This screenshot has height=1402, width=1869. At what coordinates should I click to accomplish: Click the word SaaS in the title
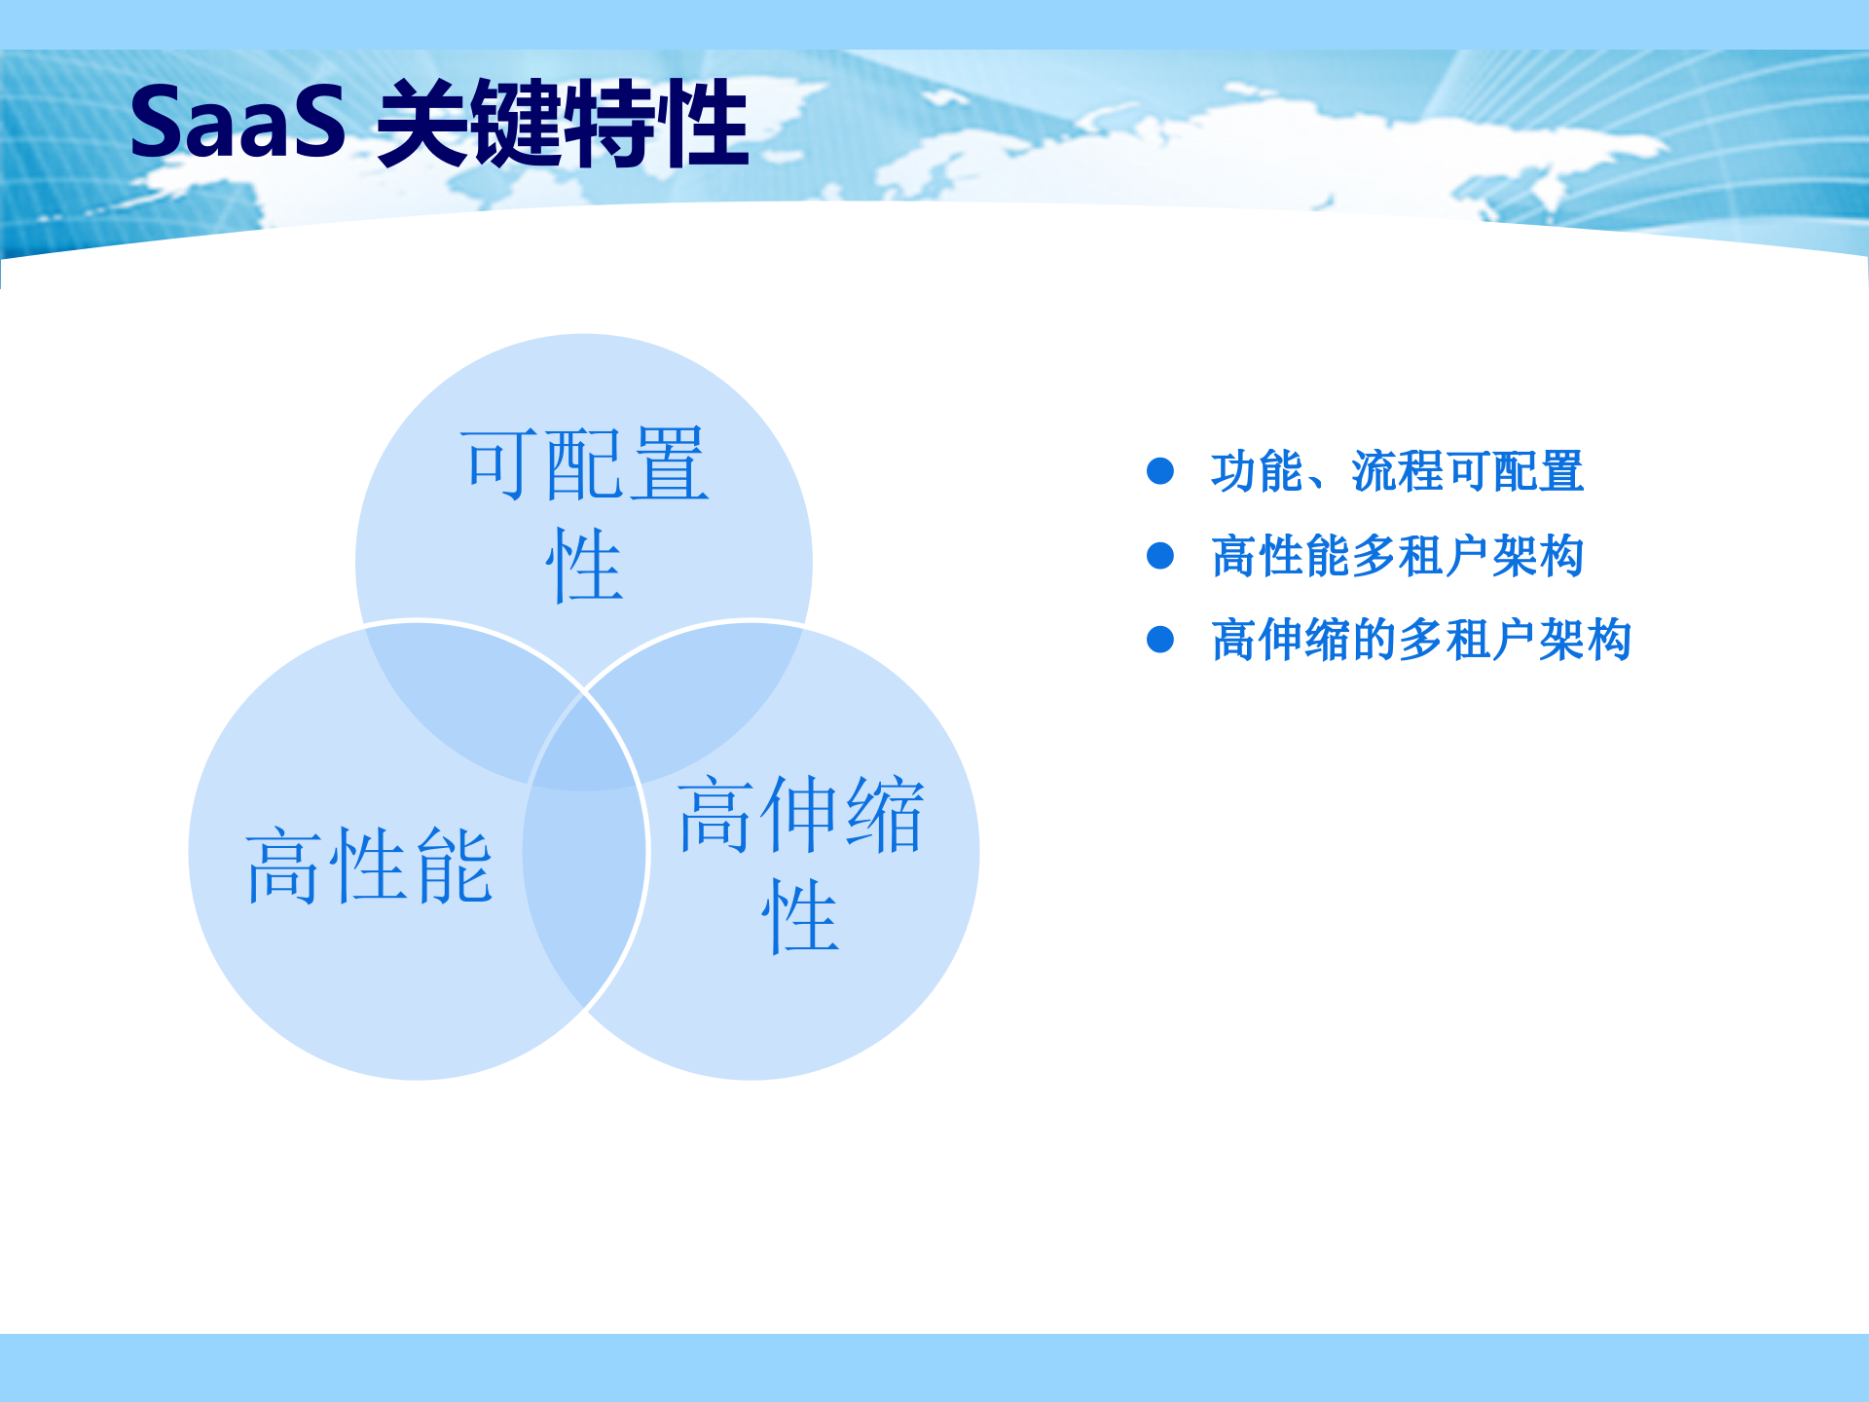238,123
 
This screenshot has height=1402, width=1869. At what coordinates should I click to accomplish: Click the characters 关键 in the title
469,125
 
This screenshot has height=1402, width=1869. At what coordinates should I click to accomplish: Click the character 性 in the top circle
583,566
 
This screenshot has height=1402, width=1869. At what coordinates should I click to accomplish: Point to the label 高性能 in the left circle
369,866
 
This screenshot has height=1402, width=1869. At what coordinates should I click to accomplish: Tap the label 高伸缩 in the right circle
800,815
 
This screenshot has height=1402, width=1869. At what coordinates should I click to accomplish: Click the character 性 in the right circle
799,916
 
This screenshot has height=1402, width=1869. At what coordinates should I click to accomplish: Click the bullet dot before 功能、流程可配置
1160,471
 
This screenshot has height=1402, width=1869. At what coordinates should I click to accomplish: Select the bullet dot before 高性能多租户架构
1160,556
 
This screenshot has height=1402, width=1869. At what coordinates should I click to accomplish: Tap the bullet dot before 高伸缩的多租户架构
1160,640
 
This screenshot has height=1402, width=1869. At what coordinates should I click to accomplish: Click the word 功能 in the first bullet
1257,471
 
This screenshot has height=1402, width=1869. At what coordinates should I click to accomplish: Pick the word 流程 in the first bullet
1397,471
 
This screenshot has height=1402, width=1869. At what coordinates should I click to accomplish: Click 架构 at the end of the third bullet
1585,640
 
